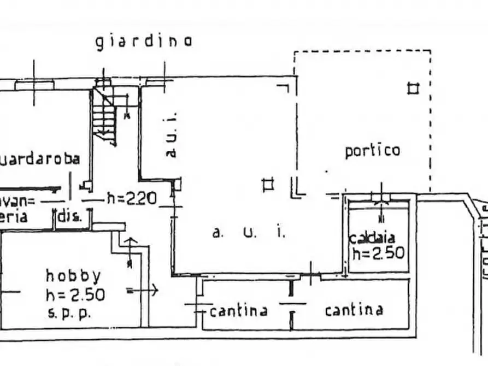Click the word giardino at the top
click(144, 42)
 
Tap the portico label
click(372, 150)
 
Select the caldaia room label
click(376, 238)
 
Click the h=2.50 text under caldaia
click(378, 253)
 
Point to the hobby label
click(73, 275)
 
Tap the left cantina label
click(238, 311)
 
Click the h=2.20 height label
click(132, 198)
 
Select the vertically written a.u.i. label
click(172, 135)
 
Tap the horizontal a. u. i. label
click(249, 233)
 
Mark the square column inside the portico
click(414, 87)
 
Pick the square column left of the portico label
click(268, 185)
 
